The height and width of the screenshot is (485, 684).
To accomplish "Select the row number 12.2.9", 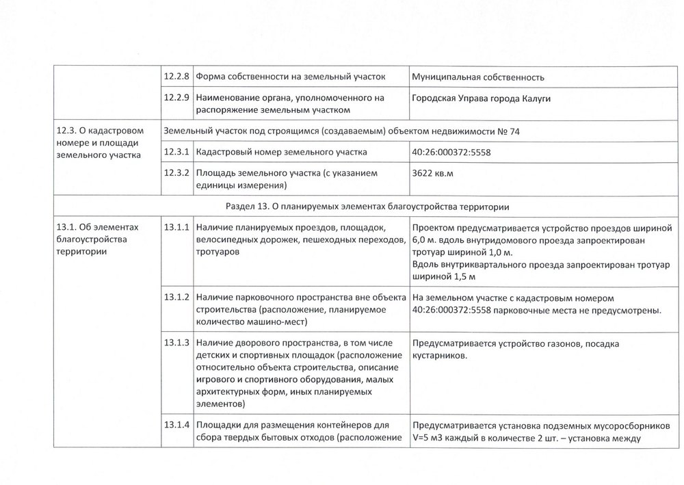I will (176, 98).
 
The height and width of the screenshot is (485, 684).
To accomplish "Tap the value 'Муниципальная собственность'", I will (479, 77).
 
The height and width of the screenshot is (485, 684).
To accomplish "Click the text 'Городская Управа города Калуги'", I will (482, 99).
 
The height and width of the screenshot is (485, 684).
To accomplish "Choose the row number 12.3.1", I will (176, 151).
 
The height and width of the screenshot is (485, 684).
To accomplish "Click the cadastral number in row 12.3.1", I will (451, 152).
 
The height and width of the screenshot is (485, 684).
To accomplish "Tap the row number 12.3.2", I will (176, 173).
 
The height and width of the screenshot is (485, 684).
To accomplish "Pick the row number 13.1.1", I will (176, 227).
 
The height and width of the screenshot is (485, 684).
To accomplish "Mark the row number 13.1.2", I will (176, 298).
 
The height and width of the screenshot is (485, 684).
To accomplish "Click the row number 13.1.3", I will (176, 342).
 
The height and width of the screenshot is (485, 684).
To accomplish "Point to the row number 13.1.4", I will (176, 425).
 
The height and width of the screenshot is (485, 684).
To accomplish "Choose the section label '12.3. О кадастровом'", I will (98, 130).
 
